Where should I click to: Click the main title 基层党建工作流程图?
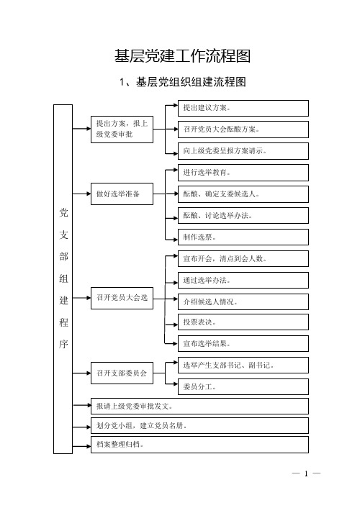tap(182, 55)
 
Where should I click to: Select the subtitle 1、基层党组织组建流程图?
tap(183, 81)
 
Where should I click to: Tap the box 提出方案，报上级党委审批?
tap(122, 130)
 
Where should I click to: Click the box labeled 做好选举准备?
tap(122, 194)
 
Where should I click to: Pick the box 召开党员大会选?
tap(122, 298)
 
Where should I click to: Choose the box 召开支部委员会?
tap(122, 373)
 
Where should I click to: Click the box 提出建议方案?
tap(243, 108)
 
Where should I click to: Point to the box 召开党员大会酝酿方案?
tap(243, 130)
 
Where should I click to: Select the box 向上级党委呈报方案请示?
tap(243, 151)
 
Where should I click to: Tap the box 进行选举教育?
tap(243, 173)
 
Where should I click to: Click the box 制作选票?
tap(243, 237)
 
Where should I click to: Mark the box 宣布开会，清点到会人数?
tap(243, 259)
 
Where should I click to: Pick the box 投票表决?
tap(243, 322)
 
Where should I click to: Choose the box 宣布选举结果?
tap(243, 343)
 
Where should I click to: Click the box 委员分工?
tap(243, 386)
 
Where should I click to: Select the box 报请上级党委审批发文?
tap(199, 407)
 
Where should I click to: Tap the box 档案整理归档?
tap(199, 445)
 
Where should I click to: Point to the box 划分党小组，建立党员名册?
tap(199, 426)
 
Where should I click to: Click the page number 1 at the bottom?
tap(306, 473)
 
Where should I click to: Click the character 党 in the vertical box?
tap(63, 212)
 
